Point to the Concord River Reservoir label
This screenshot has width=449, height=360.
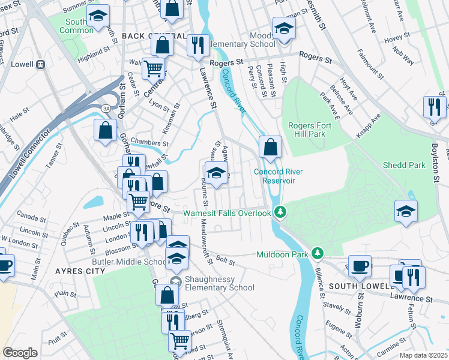pos(278,176)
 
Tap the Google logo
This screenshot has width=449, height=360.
pos(20,353)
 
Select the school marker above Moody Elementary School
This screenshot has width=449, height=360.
pos(283,28)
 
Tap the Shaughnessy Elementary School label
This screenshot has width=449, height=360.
pos(219,283)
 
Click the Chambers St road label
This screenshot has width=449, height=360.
pos(149,143)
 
